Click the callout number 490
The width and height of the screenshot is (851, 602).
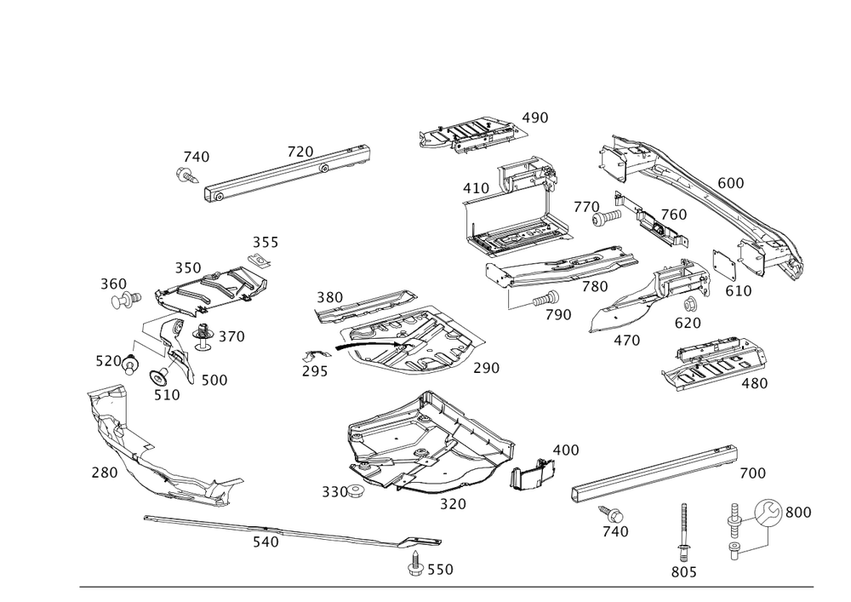535,118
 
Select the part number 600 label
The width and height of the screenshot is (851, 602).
730,183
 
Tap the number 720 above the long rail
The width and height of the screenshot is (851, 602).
300,152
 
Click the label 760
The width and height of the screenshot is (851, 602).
674,214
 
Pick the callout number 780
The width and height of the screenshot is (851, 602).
595,287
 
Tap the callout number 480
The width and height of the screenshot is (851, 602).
754,383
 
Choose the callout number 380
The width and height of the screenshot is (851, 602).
328,298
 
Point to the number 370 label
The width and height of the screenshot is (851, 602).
231,337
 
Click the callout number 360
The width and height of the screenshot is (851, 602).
113,284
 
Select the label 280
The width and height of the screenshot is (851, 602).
104,472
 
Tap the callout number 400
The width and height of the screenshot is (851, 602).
565,449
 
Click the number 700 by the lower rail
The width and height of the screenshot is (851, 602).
752,473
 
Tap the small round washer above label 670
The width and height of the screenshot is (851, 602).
690,303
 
